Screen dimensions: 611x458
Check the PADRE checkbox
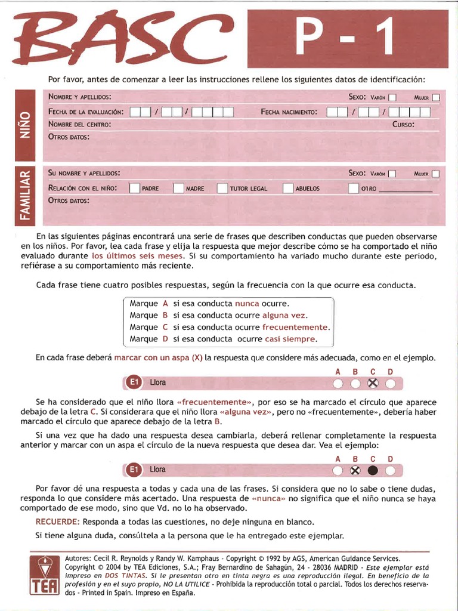coord(134,189)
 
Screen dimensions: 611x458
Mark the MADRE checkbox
coord(178,189)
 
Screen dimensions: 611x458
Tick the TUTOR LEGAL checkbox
coord(222,189)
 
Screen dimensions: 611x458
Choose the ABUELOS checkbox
coord(288,189)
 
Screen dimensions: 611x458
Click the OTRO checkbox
coord(354,189)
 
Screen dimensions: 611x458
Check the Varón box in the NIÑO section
coord(392,97)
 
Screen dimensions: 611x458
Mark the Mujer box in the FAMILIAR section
coord(436,174)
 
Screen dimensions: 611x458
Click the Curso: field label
coord(403,125)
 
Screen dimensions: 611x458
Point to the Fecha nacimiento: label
coord(289,112)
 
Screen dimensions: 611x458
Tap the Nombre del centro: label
coord(79,125)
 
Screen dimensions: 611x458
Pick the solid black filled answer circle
coord(373,470)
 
